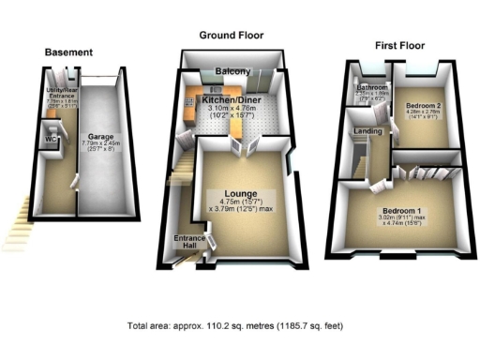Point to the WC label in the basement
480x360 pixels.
pos(50,142)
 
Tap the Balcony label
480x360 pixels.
pos(232,71)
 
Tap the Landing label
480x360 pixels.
pos(367,131)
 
